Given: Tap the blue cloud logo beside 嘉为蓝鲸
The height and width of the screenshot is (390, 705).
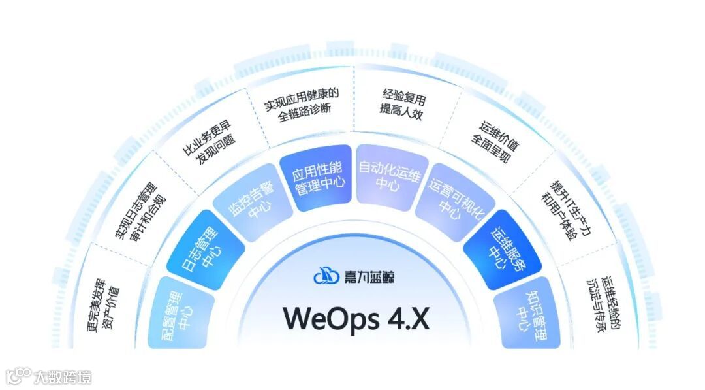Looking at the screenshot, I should (324, 276).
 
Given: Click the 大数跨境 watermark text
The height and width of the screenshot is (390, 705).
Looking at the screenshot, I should (63, 377).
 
